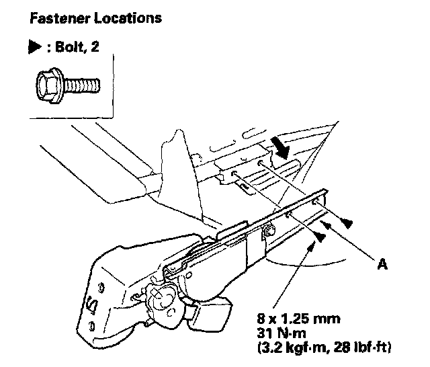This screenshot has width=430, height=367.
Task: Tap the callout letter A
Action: tap(382, 264)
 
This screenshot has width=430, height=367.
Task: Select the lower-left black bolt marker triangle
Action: tap(322, 237)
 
